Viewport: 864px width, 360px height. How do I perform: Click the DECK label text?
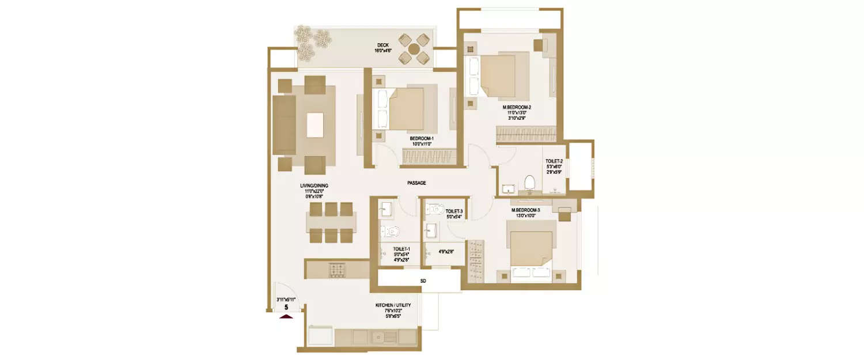coord(383,45)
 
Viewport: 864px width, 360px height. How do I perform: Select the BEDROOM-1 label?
coord(422,138)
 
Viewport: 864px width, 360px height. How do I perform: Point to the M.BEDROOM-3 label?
coord(525,210)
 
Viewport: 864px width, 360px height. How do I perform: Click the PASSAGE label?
coord(416,183)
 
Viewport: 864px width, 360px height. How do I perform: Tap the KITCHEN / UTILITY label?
coord(395,305)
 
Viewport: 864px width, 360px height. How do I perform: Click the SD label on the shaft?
coord(423,281)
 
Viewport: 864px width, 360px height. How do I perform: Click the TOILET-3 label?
coord(454,211)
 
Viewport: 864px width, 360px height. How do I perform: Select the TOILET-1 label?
coord(401,249)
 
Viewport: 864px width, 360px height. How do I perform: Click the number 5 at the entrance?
coord(286,308)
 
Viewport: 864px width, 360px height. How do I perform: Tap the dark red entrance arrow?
coord(286,316)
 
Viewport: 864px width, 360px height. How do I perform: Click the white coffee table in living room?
coord(314,124)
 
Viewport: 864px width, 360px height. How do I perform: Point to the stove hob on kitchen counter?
coord(337,269)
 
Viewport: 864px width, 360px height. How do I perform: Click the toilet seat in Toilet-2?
coord(529,182)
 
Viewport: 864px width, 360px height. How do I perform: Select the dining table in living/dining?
coord(331,222)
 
